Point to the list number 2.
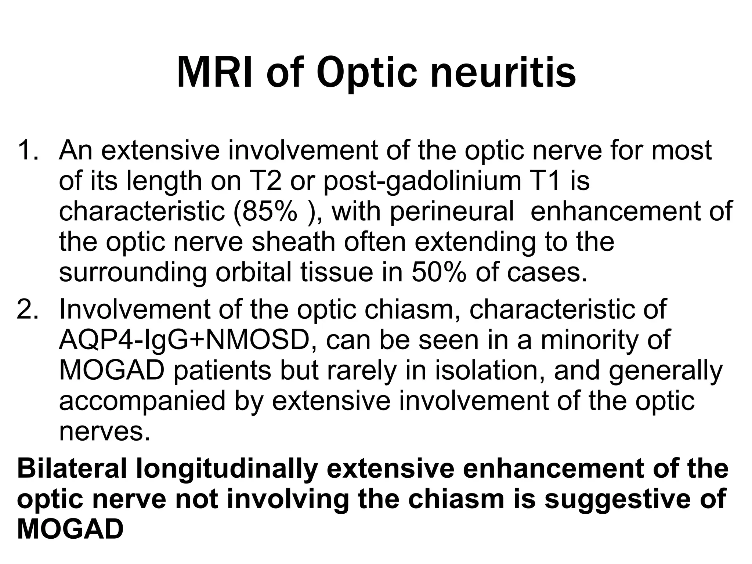(x=28, y=309)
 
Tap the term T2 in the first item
(x=263, y=181)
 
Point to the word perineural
(x=452, y=211)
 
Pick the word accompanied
(x=142, y=401)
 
